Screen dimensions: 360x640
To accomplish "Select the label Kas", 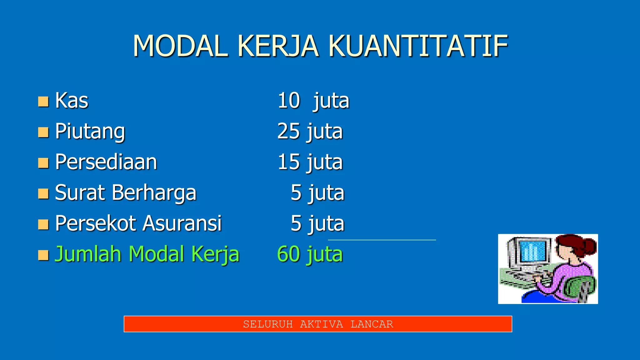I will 72,101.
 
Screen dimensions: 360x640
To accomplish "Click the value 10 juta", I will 313,101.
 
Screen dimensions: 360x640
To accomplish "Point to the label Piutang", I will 90,131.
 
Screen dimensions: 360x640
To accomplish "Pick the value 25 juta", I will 310,131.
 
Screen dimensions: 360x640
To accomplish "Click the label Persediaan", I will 106,162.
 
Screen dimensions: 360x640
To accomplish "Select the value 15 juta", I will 310,162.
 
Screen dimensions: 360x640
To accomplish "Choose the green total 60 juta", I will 310,254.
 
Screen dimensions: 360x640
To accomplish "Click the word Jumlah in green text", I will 88,254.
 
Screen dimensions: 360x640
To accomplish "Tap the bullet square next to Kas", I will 43,102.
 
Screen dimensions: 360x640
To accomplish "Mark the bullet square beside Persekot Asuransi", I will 43,224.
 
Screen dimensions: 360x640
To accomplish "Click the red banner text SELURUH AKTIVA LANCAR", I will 318,324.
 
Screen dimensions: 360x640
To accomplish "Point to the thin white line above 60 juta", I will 382,240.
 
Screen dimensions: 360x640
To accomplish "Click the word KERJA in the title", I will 278,46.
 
